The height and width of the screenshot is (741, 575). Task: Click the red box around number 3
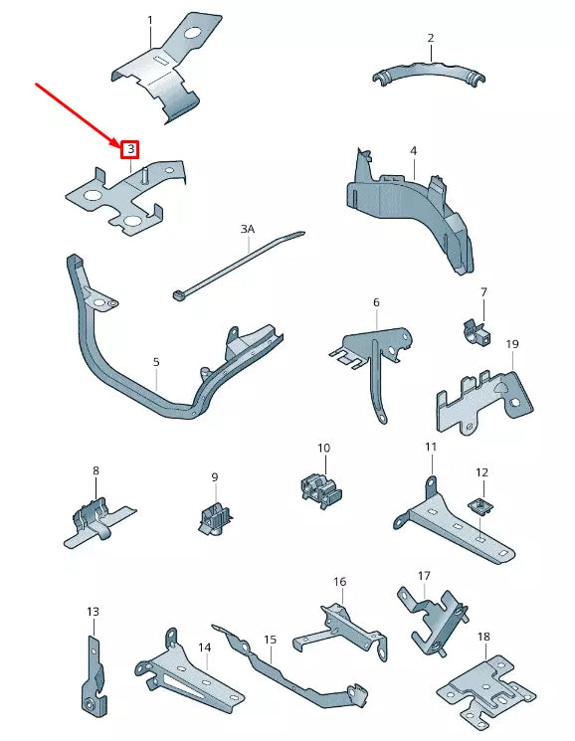(x=129, y=149)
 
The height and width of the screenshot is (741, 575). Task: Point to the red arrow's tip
(x=117, y=143)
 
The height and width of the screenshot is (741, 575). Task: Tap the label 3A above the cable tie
(x=248, y=229)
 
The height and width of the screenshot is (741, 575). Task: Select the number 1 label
(x=150, y=20)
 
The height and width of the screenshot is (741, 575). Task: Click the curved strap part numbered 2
(x=431, y=76)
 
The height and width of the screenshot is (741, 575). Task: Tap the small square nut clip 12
(x=480, y=507)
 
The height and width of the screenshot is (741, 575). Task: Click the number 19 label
(x=512, y=344)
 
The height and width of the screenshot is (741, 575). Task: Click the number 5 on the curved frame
(x=156, y=362)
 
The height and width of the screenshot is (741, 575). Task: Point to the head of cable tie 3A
(x=179, y=293)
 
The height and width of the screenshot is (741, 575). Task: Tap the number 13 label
(x=93, y=612)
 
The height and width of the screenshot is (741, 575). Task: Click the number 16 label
(x=339, y=582)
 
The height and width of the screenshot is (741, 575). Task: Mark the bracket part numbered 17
(x=431, y=617)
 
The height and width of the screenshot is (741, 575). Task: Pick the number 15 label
(x=270, y=640)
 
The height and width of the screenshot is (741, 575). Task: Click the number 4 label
(x=413, y=151)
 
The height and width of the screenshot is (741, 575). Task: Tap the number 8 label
(x=96, y=470)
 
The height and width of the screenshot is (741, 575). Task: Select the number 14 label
(x=204, y=648)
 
